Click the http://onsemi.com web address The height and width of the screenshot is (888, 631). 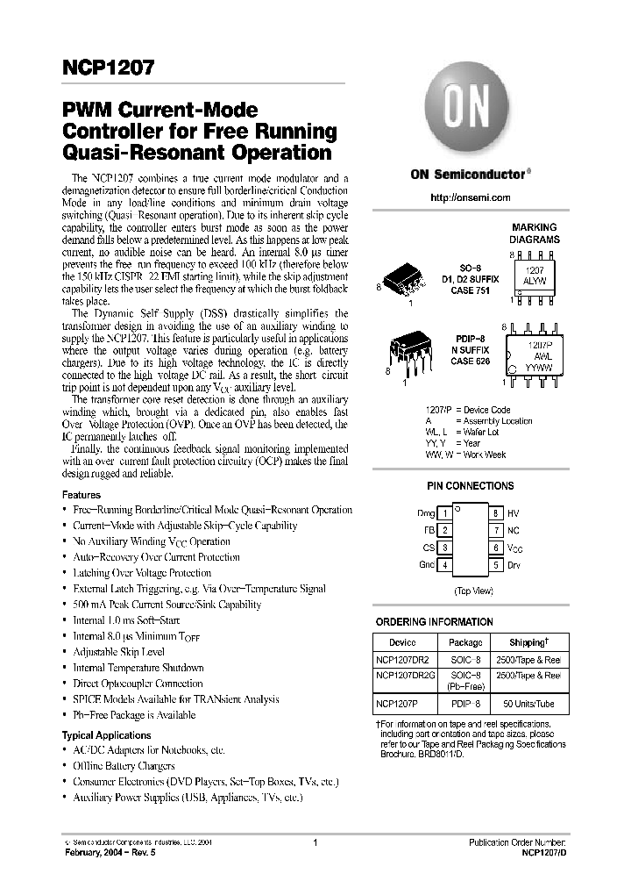click(470, 197)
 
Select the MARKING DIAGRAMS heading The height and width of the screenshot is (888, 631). click(534, 233)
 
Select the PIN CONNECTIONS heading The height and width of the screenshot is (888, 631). click(470, 486)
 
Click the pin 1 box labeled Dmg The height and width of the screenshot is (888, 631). click(446, 513)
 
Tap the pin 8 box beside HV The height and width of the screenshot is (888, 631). click(495, 513)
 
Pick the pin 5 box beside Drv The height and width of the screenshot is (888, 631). click(495, 565)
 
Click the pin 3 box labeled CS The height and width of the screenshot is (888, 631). click(446, 548)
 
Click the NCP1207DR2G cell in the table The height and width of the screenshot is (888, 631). click(403, 675)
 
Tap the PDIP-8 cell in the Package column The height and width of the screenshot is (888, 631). click(465, 705)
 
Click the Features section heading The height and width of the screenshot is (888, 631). click(81, 495)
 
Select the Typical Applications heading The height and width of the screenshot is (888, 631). click(106, 735)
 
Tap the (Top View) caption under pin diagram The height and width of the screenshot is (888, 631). click(472, 591)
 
